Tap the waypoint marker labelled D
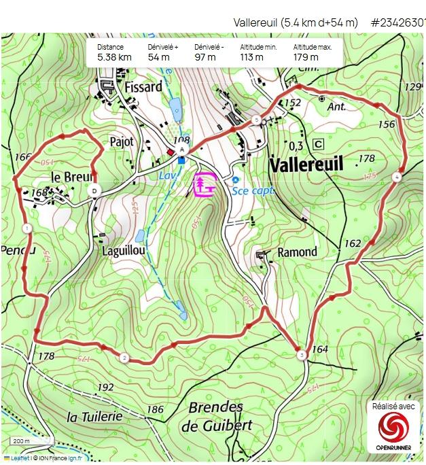[x=95, y=191]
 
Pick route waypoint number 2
[x=124, y=358]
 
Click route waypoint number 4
[x=397, y=177]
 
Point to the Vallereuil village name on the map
[x=306, y=165]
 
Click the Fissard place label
[x=143, y=87]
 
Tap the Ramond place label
[x=297, y=252]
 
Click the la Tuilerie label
[x=94, y=416]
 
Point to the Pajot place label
[x=122, y=141]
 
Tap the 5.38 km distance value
[x=114, y=57]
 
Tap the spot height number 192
[x=106, y=387]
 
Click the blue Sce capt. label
[x=253, y=191]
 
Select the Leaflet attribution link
[x=20, y=458]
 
